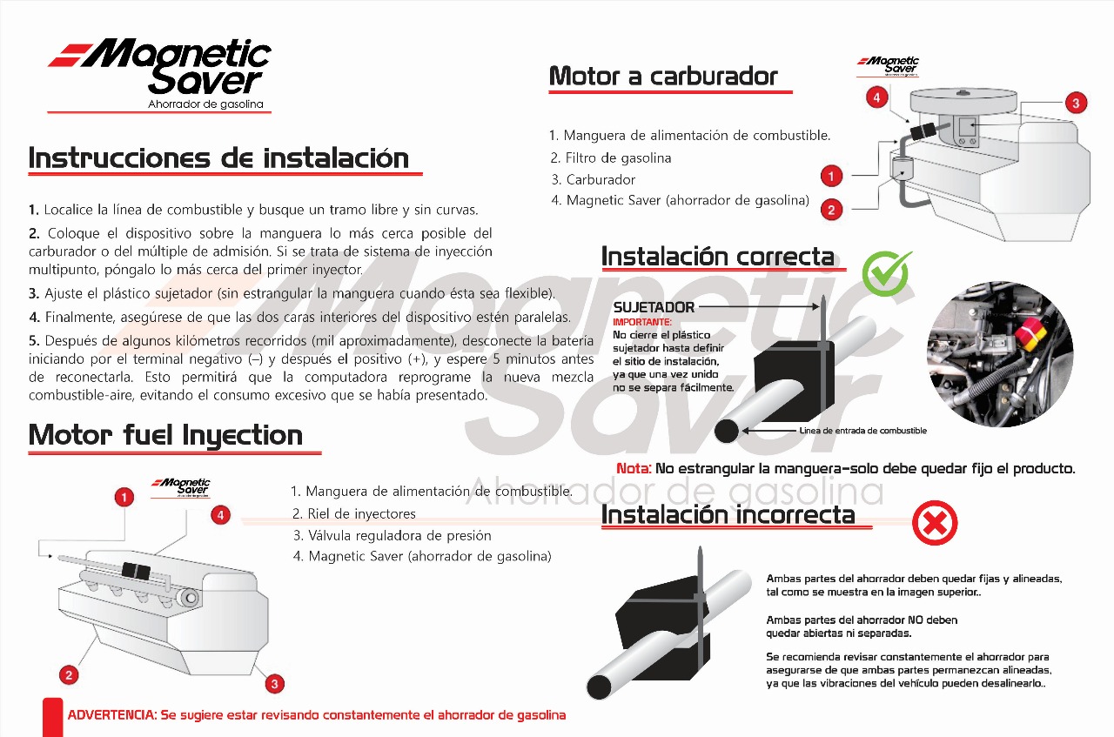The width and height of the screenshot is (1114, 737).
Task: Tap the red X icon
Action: pos(935,524)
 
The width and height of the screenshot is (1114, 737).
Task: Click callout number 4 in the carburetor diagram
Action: pos(876,98)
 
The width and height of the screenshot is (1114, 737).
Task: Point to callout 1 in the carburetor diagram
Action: pos(831,177)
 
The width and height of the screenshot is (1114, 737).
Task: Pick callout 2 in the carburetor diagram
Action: pos(831,210)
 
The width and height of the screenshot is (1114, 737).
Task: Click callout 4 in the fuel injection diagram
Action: pos(221,515)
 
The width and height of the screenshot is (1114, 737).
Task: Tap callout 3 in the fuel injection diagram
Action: pos(275,684)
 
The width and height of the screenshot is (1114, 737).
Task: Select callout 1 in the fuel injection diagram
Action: pos(125,497)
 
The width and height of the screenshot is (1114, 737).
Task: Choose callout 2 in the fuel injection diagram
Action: pos(69,674)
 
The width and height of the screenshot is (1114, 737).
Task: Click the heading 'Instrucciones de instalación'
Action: pos(218,158)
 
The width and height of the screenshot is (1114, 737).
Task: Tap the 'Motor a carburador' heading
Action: pos(663,77)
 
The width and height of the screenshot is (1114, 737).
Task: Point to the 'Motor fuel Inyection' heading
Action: pos(165,435)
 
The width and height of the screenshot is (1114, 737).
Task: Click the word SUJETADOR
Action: pos(654,307)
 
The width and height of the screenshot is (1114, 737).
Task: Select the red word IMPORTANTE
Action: pos(642,323)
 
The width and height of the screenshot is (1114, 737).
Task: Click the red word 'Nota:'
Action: pos(634,469)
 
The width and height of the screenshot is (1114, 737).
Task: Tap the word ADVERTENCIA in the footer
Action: pos(111,715)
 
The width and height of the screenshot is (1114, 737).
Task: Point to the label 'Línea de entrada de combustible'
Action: pos(862,431)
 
